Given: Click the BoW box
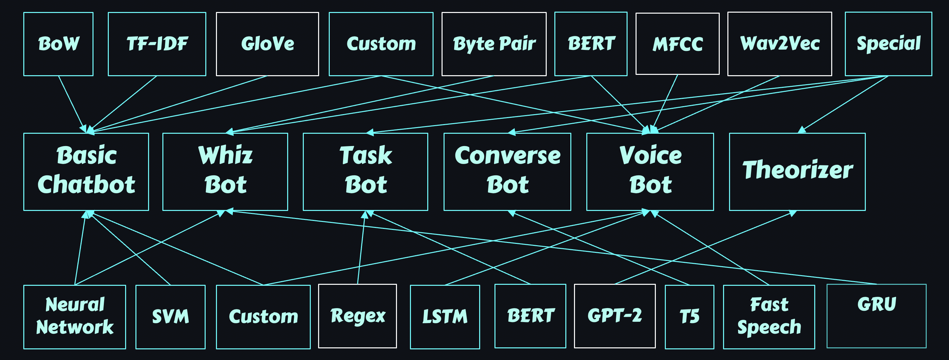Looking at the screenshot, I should pyautogui.click(x=58, y=44).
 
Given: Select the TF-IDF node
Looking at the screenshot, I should pyautogui.click(x=157, y=44).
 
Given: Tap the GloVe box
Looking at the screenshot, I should pyautogui.click(x=267, y=44).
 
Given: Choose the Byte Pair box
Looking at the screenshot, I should pyautogui.click(x=494, y=44).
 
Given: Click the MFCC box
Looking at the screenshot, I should pyautogui.click(x=677, y=44).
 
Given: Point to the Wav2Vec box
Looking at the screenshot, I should pyautogui.click(x=779, y=44).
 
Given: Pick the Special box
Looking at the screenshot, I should pyautogui.click(x=888, y=44).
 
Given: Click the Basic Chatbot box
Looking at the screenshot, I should pyautogui.click(x=86, y=171).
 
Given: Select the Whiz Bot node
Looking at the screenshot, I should pyautogui.click(x=225, y=171).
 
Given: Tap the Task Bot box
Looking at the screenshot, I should pyautogui.click(x=365, y=171).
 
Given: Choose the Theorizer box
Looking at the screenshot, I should pyautogui.click(x=797, y=171).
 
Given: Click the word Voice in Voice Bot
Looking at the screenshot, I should pyautogui.click(x=650, y=155).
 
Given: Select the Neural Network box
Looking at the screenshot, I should pyautogui.click(x=75, y=316).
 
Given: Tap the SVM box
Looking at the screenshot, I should pyautogui.click(x=170, y=316).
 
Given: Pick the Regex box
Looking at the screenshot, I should pyautogui.click(x=357, y=316).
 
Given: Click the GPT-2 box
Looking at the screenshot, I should pyautogui.click(x=615, y=316).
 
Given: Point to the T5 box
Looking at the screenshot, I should pyautogui.click(x=689, y=316).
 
